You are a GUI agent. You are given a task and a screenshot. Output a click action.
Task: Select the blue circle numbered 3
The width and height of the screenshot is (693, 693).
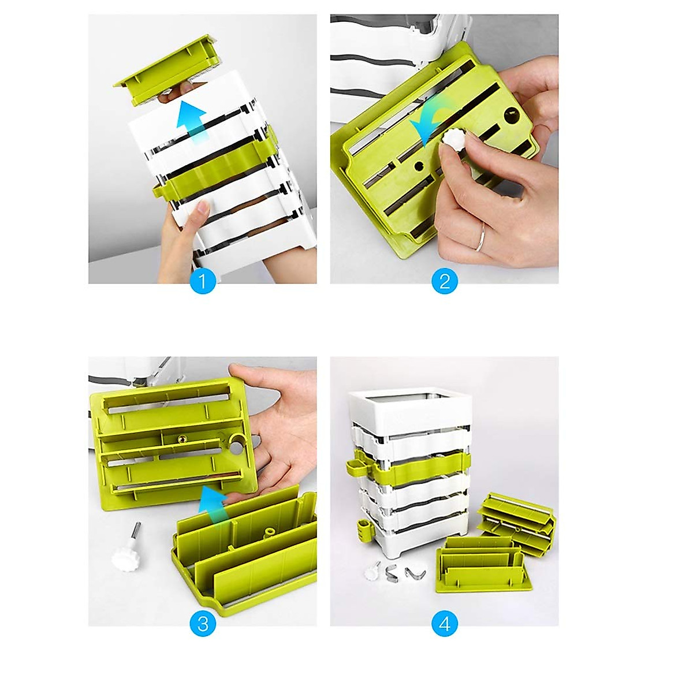[x=202, y=624]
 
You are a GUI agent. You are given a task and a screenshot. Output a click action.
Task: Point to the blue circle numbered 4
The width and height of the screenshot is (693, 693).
[x=444, y=624]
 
